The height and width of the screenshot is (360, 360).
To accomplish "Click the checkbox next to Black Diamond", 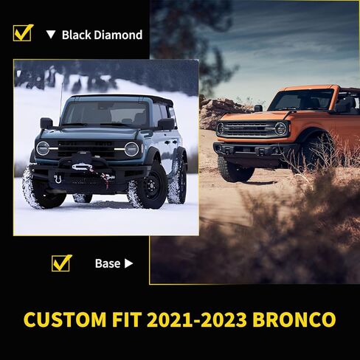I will [23, 33].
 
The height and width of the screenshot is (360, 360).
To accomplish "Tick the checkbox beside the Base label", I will [61, 263].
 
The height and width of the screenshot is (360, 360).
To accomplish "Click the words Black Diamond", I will [102, 35].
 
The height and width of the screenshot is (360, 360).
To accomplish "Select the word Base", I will [107, 263].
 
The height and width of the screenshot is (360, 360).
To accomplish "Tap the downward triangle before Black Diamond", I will [50, 35].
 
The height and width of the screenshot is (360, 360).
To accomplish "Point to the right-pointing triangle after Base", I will [129, 263].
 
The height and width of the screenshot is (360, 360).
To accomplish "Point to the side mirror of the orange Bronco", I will [259, 108].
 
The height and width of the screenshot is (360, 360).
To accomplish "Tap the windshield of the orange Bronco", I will [301, 100].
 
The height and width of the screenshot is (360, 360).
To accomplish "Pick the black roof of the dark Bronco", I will [125, 98].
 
